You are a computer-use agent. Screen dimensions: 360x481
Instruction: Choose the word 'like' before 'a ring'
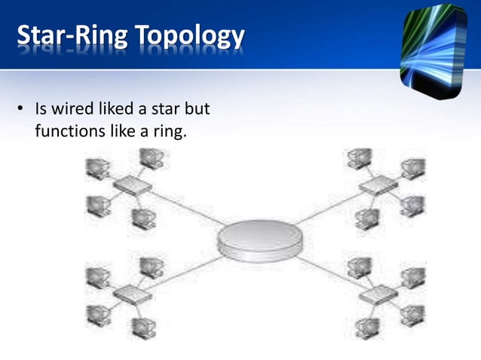tap(120, 133)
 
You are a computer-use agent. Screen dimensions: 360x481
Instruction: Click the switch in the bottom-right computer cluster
tap(376, 294)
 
